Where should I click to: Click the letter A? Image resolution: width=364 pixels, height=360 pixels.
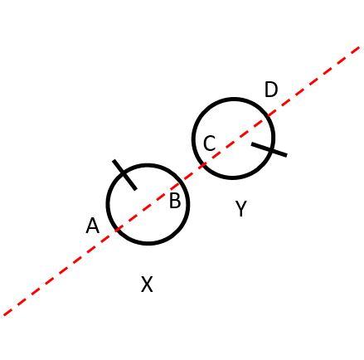[92, 226]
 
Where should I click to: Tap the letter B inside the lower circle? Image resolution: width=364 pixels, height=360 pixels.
[175, 201]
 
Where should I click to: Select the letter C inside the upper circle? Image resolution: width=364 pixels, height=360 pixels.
[209, 144]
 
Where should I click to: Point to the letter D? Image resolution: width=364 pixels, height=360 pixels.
[271, 90]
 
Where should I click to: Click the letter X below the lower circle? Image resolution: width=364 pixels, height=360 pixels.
[147, 285]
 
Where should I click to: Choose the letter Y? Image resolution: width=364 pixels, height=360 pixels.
[240, 209]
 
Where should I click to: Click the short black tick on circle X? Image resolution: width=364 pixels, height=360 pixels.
[124, 174]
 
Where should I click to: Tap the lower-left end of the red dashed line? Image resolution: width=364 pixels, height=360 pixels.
[5, 314]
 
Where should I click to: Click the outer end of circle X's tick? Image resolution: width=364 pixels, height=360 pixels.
[114, 162]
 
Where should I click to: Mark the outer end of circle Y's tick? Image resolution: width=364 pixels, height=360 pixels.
[286, 154]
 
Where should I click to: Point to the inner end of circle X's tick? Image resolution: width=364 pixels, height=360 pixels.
[134, 187]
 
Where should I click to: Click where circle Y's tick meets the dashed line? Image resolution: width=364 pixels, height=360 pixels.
[253, 143]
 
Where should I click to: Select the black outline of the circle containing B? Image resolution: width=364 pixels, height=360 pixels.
[148, 244]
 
